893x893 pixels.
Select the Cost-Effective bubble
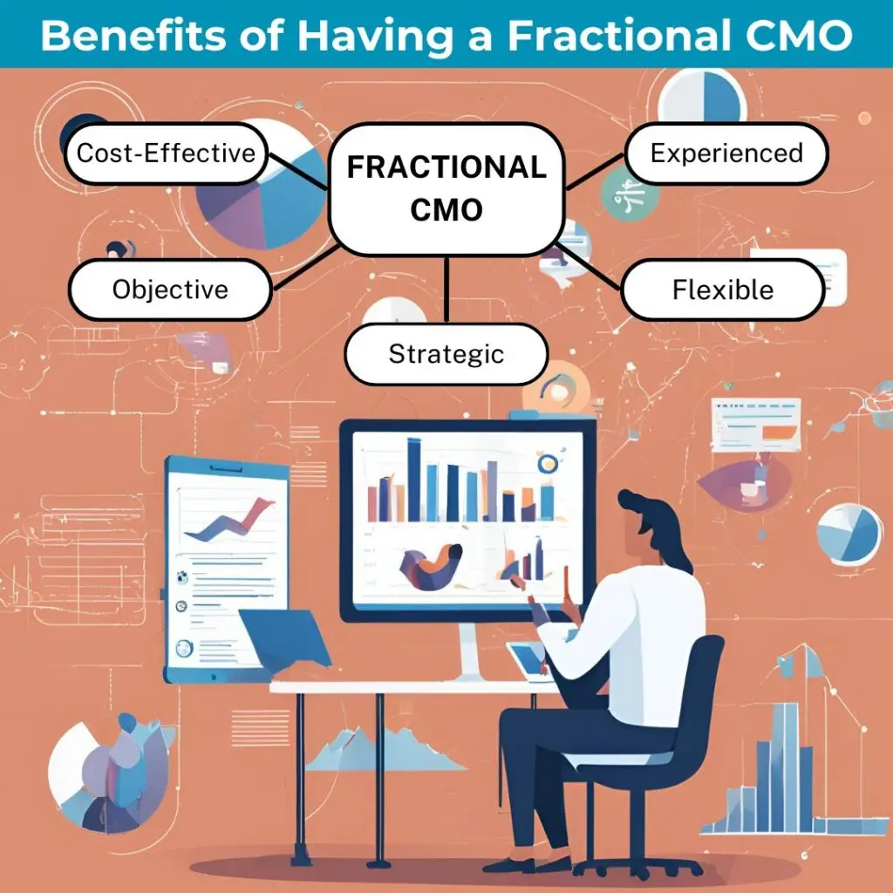166,153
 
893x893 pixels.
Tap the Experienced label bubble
726,153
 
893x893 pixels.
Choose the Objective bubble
170,290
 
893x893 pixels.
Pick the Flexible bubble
723,290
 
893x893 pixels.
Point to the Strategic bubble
446,354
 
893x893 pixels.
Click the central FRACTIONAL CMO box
446,189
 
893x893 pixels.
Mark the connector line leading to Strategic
446,290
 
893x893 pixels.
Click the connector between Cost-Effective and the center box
298,171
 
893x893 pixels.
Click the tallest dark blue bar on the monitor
414,480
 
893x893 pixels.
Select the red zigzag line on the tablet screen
229,519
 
